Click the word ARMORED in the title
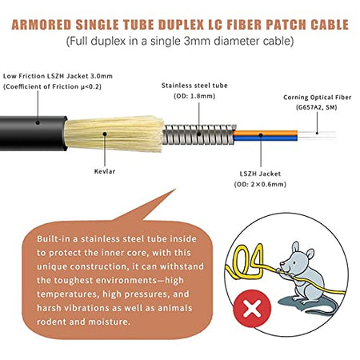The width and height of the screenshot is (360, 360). [x=42, y=25]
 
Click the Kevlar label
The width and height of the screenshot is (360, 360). [x=105, y=171]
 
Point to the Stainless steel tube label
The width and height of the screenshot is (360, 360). [x=194, y=86]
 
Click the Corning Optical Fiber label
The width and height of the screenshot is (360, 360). [x=317, y=98]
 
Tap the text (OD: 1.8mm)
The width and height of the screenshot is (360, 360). [x=194, y=96]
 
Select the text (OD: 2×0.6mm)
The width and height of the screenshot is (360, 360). [x=260, y=184]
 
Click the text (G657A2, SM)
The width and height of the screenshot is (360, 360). [x=316, y=107]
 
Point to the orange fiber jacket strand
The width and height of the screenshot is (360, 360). [x=265, y=133]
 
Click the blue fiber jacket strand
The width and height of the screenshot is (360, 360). [x=265, y=138]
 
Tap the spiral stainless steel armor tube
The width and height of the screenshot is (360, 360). [x=198, y=134]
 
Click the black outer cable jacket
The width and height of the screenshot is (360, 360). [x=33, y=134]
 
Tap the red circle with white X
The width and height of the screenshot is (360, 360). [x=252, y=309]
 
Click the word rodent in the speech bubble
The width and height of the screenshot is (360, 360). [x=51, y=322]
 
